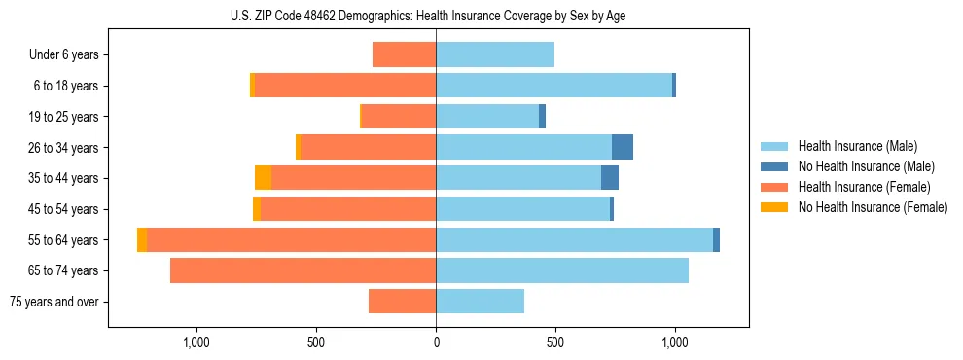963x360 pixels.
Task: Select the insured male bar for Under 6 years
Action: click(x=495, y=54)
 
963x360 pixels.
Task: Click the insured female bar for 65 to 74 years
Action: click(x=303, y=270)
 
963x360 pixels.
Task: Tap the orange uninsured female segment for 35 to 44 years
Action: click(x=263, y=178)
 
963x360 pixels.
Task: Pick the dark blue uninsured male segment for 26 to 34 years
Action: click(x=623, y=147)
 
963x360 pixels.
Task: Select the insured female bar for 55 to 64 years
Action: click(x=291, y=239)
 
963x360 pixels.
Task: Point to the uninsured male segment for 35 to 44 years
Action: click(x=610, y=178)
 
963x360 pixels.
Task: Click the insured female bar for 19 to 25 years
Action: click(x=398, y=117)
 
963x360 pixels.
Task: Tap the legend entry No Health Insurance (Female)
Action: click(x=873, y=207)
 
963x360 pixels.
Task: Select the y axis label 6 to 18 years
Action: click(x=66, y=86)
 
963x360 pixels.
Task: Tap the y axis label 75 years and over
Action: click(x=54, y=302)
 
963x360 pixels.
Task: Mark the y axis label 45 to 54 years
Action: click(x=64, y=209)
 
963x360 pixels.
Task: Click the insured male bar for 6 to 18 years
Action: click(x=553, y=86)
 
